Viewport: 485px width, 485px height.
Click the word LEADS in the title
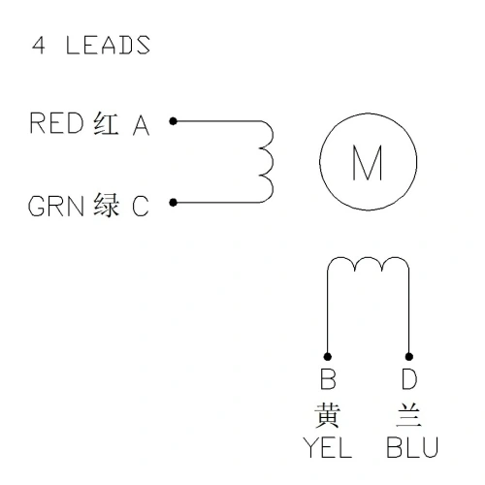point(108,45)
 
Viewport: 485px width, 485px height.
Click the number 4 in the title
point(39,45)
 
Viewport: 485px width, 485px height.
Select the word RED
point(56,123)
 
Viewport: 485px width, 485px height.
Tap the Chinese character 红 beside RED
point(106,123)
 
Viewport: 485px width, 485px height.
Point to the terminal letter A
point(141,125)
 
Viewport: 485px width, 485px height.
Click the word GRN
point(56,206)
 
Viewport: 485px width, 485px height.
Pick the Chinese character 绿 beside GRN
point(106,205)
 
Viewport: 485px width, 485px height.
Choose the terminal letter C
point(141,206)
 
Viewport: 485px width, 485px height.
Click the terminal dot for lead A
point(174,121)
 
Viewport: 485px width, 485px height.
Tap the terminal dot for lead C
point(174,203)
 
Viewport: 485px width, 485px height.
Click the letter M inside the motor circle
point(368,162)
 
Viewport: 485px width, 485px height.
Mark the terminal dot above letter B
point(327,357)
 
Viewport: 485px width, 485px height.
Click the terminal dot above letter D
point(409,357)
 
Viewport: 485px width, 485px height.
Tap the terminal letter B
point(328,378)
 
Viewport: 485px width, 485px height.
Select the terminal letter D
point(409,378)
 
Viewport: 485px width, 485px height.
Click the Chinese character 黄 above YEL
point(327,415)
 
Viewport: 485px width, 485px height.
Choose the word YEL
point(327,447)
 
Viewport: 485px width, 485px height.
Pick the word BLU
point(412,447)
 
